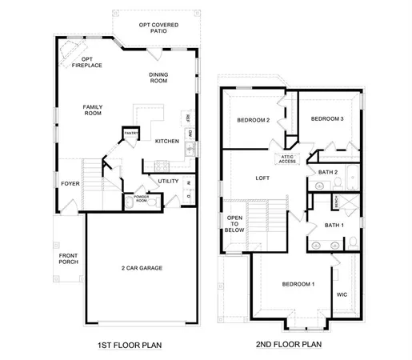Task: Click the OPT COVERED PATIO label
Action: tap(157, 28)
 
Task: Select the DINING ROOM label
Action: tap(158, 78)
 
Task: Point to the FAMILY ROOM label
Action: tap(94, 110)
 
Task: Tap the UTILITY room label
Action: tap(168, 181)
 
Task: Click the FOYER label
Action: tap(70, 183)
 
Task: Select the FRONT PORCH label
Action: tap(68, 258)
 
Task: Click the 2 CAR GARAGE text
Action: tap(142, 267)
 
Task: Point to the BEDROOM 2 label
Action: tap(253, 120)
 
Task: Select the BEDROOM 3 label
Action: tap(327, 118)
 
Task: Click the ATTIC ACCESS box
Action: tap(287, 159)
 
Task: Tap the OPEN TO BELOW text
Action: tap(234, 223)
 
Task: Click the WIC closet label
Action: tap(342, 294)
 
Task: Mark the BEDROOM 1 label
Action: tap(297, 285)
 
